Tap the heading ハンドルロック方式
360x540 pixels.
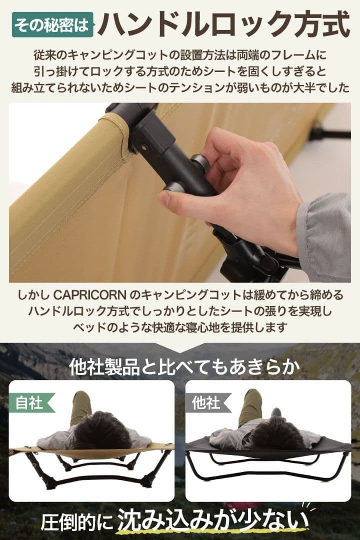pyautogui.click(x=223, y=22)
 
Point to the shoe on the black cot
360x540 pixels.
pyautogui.click(x=276, y=411)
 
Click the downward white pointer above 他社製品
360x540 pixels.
pyautogui.click(x=180, y=348)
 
